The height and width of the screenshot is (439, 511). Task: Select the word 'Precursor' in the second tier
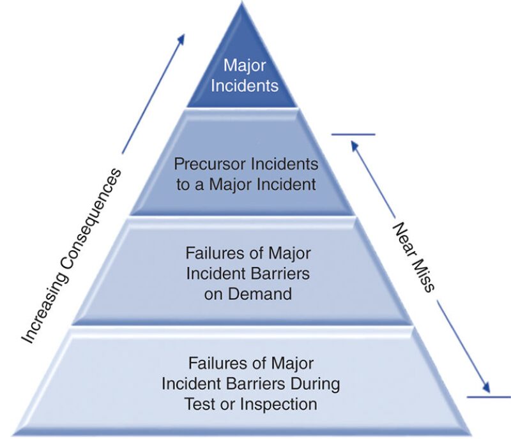(204, 164)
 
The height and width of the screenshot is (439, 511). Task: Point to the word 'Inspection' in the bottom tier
(282, 404)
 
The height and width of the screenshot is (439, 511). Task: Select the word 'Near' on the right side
(401, 238)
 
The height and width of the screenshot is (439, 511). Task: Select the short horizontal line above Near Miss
(353, 135)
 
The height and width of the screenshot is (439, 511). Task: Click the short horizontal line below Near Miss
(489, 397)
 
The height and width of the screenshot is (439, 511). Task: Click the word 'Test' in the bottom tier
(199, 404)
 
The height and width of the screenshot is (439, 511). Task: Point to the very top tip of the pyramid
(241, 4)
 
